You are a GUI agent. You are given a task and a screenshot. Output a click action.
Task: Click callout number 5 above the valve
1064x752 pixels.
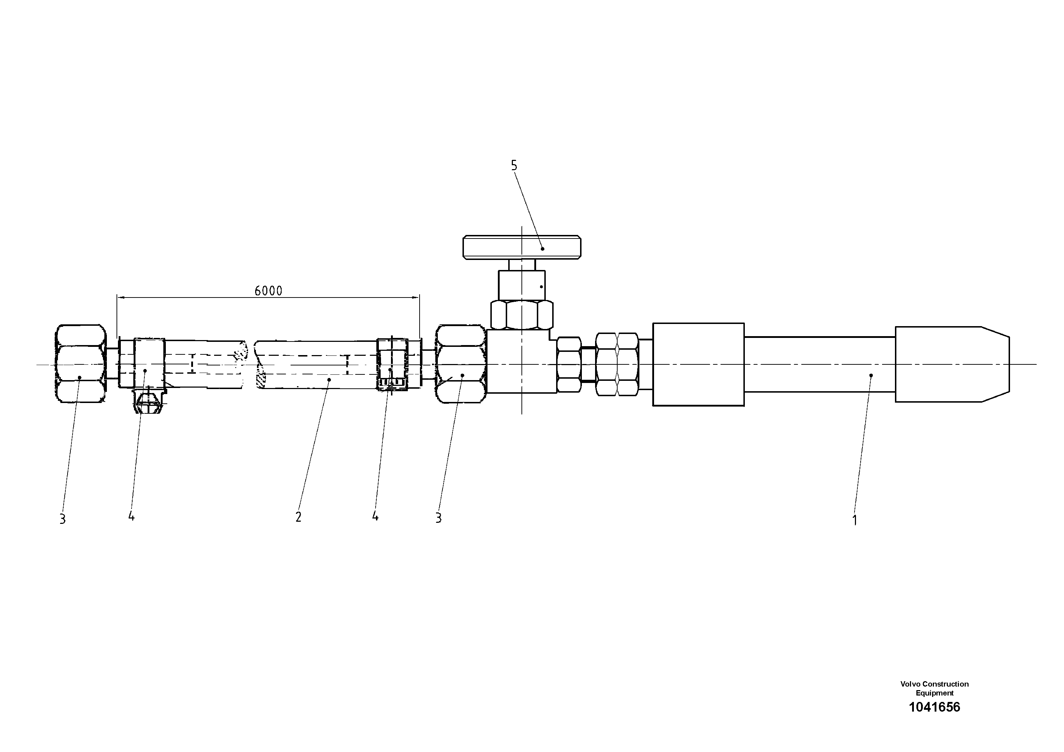coord(514,166)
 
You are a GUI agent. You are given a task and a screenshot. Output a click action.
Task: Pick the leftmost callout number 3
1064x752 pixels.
coord(63,519)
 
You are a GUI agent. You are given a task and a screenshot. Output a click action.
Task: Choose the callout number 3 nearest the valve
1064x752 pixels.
coord(439,518)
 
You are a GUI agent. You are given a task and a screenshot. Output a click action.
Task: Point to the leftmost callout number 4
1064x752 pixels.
coord(132,516)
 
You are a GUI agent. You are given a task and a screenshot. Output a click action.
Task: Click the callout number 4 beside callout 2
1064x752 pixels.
coord(375,516)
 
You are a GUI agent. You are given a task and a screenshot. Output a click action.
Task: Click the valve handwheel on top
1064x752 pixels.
coord(522,247)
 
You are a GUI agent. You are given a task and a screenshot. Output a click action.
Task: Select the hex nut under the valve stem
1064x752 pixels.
coord(522,315)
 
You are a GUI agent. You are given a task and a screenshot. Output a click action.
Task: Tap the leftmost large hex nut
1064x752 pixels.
coord(80,363)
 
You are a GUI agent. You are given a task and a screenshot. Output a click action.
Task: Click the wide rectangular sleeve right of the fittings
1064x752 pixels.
coord(698,364)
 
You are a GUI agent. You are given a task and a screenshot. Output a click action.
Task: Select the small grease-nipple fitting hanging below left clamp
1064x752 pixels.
coord(147,403)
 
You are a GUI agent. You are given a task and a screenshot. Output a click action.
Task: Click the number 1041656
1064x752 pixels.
coord(934,707)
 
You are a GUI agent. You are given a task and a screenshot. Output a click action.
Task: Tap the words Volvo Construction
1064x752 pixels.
coord(934,684)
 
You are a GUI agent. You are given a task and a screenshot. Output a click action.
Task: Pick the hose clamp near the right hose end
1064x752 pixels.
coord(392,364)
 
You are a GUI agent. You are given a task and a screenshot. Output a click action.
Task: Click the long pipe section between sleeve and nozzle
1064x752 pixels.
coord(819,364)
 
